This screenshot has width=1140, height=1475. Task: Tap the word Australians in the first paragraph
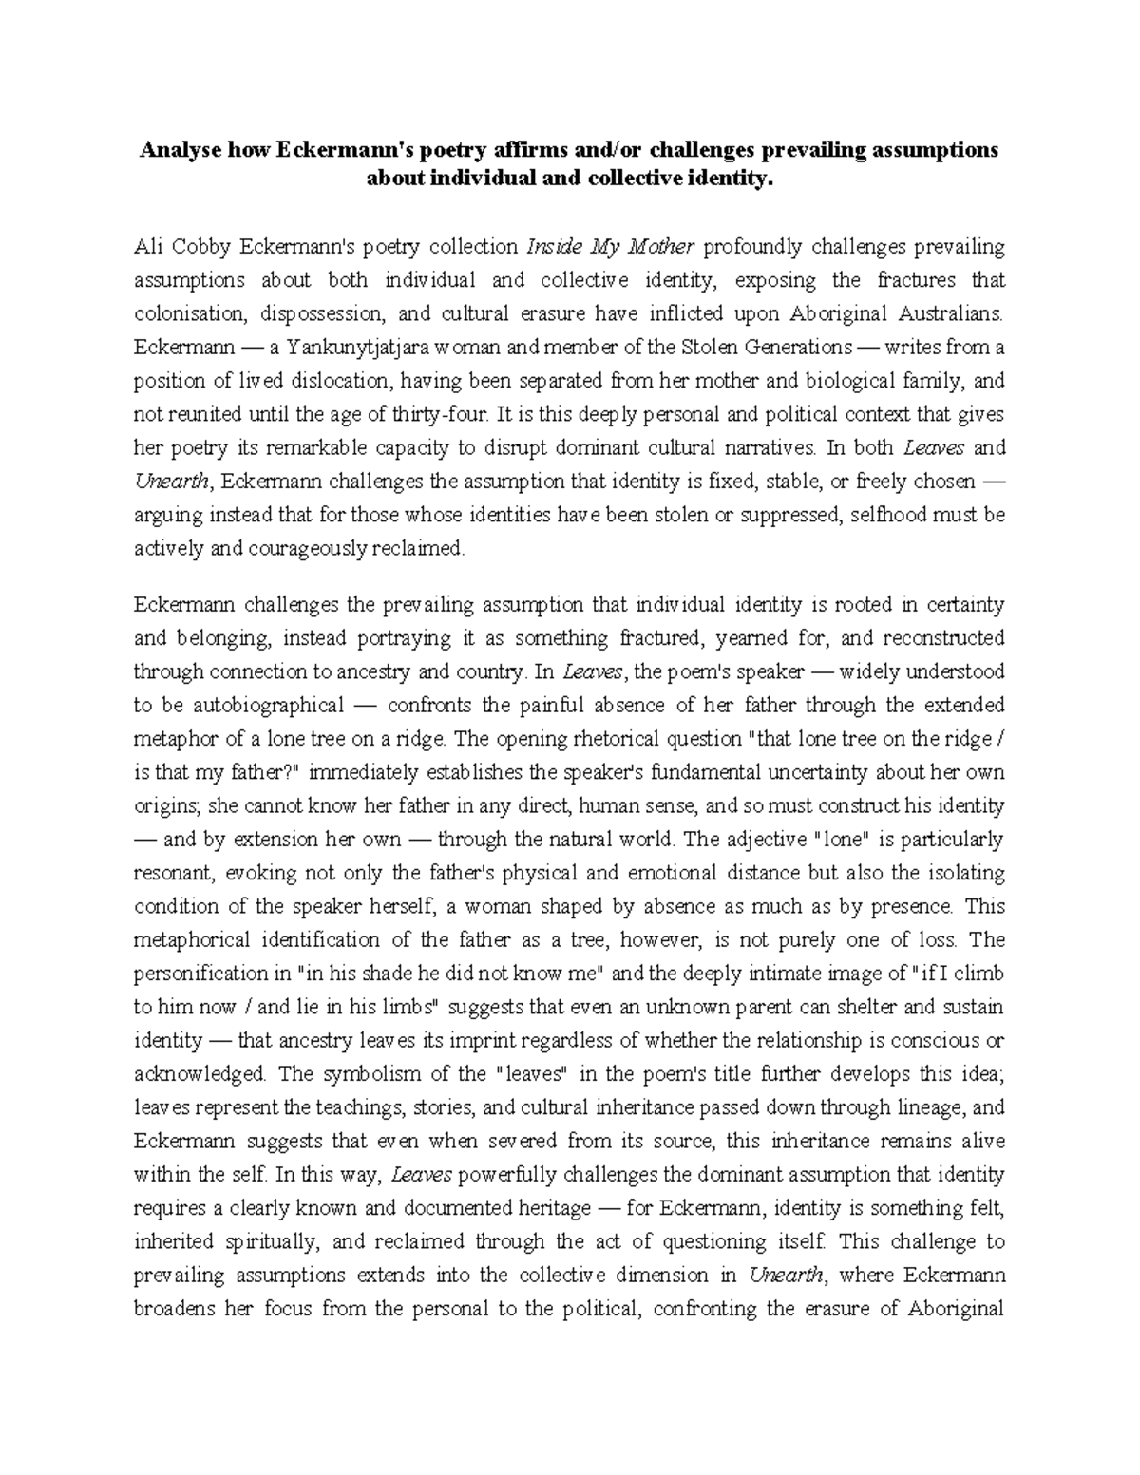pos(947,314)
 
